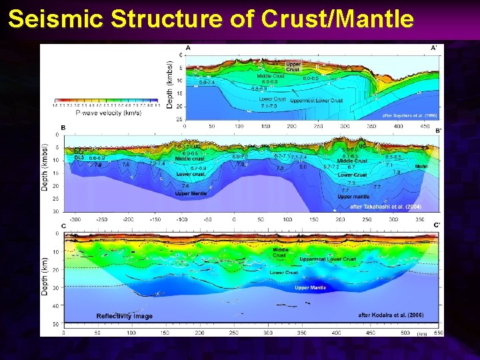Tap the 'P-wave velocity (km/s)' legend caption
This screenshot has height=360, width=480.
point(108,113)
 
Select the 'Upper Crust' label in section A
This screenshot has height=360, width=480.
point(293,67)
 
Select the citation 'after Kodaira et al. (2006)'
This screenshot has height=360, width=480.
point(391,315)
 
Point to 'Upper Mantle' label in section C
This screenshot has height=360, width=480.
point(310,288)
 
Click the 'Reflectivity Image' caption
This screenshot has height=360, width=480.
point(124,315)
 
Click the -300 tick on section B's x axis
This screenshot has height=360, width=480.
point(75,219)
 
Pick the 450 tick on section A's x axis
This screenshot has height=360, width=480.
point(425,125)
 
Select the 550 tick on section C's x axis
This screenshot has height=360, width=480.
point(437,331)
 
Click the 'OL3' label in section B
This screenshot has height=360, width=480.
point(79,157)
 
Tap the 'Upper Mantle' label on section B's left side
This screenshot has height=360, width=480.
point(191,193)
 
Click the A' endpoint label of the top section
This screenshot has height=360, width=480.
point(434,48)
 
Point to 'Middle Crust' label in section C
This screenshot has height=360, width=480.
point(280,253)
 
